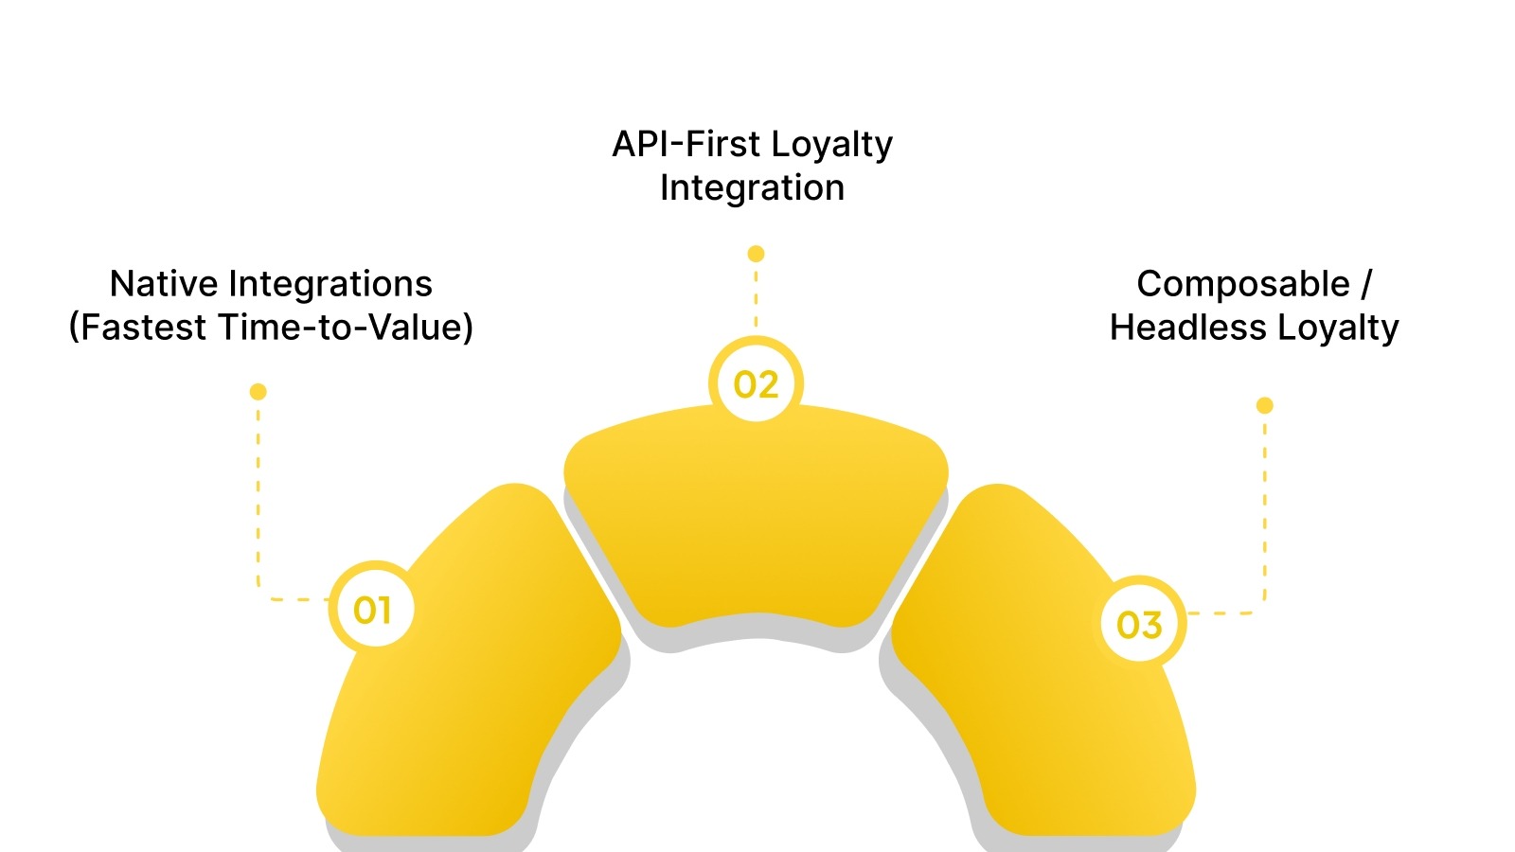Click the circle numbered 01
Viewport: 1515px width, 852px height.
(373, 609)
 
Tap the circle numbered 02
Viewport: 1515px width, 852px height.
(756, 383)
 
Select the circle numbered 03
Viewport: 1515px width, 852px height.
(1139, 624)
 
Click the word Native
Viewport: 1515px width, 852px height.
(164, 284)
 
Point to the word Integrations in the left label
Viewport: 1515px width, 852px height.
(330, 284)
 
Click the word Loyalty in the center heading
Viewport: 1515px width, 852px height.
(831, 145)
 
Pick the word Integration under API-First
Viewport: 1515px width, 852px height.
(752, 187)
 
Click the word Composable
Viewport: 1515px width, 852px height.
(1242, 284)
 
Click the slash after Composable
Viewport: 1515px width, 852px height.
(1366, 284)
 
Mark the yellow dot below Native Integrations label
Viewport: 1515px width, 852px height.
(258, 392)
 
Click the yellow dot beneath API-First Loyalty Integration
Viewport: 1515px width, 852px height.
(756, 254)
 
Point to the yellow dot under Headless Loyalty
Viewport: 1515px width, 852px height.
(1264, 405)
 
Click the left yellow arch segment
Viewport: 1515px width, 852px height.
(473, 682)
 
